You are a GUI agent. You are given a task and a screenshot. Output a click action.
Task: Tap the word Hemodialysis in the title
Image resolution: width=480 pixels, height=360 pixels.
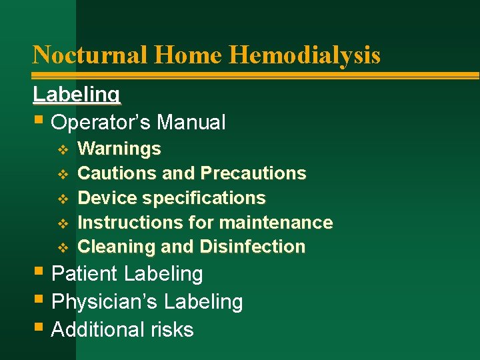305,55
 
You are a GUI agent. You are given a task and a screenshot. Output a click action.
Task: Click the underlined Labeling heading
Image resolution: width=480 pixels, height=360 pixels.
77,95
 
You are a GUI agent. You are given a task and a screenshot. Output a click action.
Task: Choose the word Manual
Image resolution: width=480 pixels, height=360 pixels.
195,123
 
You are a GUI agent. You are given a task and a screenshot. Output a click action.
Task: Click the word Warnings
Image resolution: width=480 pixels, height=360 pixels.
119,149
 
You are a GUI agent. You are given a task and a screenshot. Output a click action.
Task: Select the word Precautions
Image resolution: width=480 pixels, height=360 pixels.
253,173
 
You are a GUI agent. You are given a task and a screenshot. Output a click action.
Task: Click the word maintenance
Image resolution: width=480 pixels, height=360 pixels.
281,222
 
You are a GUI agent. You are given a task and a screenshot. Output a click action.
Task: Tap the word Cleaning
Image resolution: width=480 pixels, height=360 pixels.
117,247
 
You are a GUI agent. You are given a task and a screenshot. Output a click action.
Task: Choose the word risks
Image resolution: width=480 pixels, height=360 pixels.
172,330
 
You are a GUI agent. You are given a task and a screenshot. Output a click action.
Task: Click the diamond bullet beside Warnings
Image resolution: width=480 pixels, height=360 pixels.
63,149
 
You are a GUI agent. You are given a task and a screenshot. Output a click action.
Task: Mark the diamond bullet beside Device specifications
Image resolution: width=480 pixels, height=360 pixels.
63,199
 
